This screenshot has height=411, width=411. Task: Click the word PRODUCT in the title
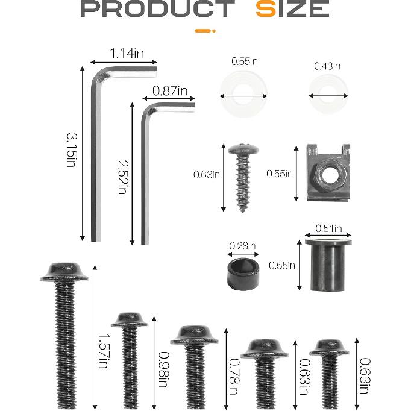point(157,9)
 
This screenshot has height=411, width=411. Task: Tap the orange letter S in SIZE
point(265,9)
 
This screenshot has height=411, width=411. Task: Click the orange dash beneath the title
point(205,30)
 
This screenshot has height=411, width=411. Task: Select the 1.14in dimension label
point(127,54)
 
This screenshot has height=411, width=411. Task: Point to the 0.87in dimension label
point(169,91)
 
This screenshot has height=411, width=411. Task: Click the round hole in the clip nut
point(328,175)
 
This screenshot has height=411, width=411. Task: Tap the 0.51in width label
point(329,228)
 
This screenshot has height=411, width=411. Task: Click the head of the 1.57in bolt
point(64,272)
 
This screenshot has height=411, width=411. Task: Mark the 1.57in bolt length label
point(103,350)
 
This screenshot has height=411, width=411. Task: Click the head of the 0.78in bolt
point(194,334)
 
